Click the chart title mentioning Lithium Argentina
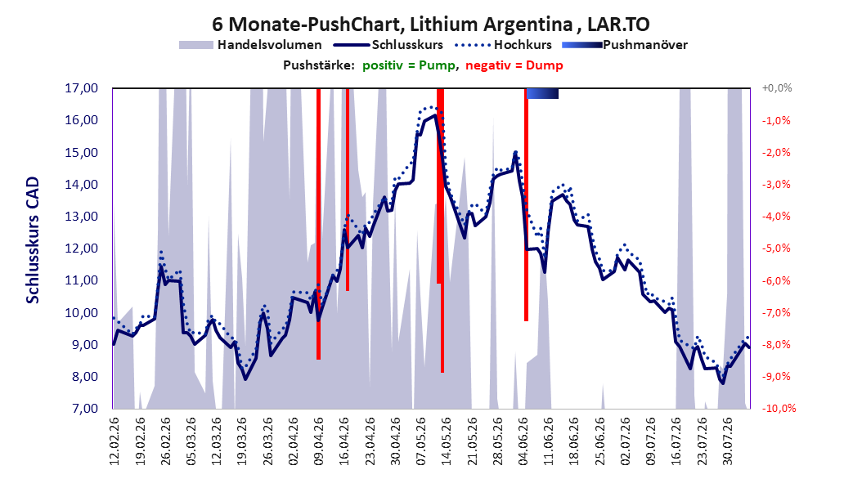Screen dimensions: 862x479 tap(431, 25)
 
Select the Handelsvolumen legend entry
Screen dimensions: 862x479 tap(250, 45)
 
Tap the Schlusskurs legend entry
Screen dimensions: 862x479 tap(388, 45)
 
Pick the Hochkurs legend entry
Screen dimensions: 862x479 tap(503, 45)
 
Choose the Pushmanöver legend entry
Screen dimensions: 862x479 tap(625, 45)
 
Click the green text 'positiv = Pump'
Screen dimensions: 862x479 tap(409, 65)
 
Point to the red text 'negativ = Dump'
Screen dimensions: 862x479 tap(514, 65)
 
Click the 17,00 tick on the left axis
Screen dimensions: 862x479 tap(81, 88)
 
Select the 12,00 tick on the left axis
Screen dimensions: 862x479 tap(81, 248)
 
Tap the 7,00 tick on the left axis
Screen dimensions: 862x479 tap(84, 409)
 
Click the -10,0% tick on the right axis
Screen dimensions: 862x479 tap(779, 409)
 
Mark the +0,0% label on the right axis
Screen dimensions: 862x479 tap(776, 88)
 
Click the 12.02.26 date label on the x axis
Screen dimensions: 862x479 tap(114, 441)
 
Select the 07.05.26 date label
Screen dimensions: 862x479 tap(421, 441)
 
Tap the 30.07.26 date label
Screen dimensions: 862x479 tap(728, 441)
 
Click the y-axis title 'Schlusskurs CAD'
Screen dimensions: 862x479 tap(33, 240)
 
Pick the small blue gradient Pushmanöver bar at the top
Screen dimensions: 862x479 tap(542, 93)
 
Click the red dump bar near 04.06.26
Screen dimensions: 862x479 tap(526, 204)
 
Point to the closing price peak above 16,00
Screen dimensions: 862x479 tap(435, 114)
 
